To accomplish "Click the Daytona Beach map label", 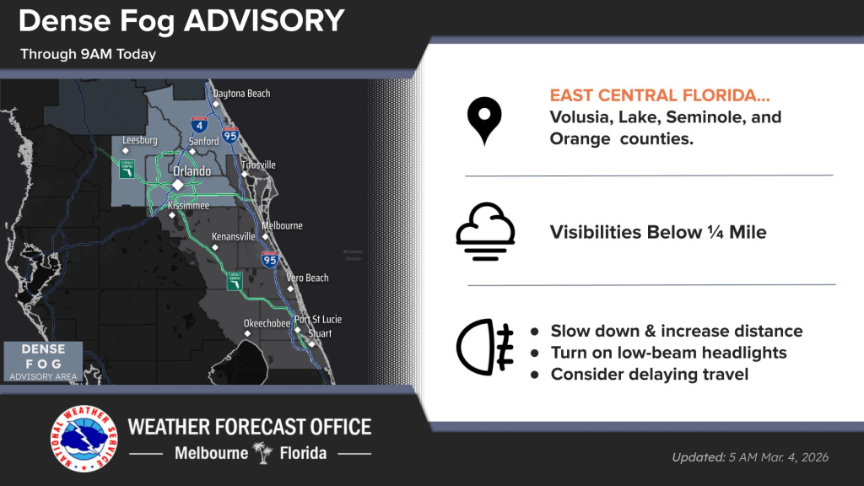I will [x=241, y=94].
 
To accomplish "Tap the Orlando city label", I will [x=192, y=171].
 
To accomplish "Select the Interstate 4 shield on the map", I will [x=199, y=125].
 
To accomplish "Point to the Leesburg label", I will [x=140, y=141].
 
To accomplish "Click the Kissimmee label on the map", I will [x=189, y=205].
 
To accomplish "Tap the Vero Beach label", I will [x=307, y=278].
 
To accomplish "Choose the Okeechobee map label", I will [x=267, y=323].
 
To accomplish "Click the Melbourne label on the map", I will [x=282, y=226].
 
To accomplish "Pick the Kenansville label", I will [x=233, y=237].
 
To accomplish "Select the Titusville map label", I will [x=258, y=165].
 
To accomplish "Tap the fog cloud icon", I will [x=485, y=231].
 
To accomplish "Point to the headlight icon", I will [x=484, y=347].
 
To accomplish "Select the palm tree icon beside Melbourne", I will [x=263, y=453].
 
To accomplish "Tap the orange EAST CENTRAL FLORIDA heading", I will [x=660, y=95].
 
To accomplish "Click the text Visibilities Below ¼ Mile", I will [x=658, y=232].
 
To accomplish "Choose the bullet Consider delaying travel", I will [x=649, y=374].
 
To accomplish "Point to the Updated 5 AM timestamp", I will [x=750, y=457].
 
